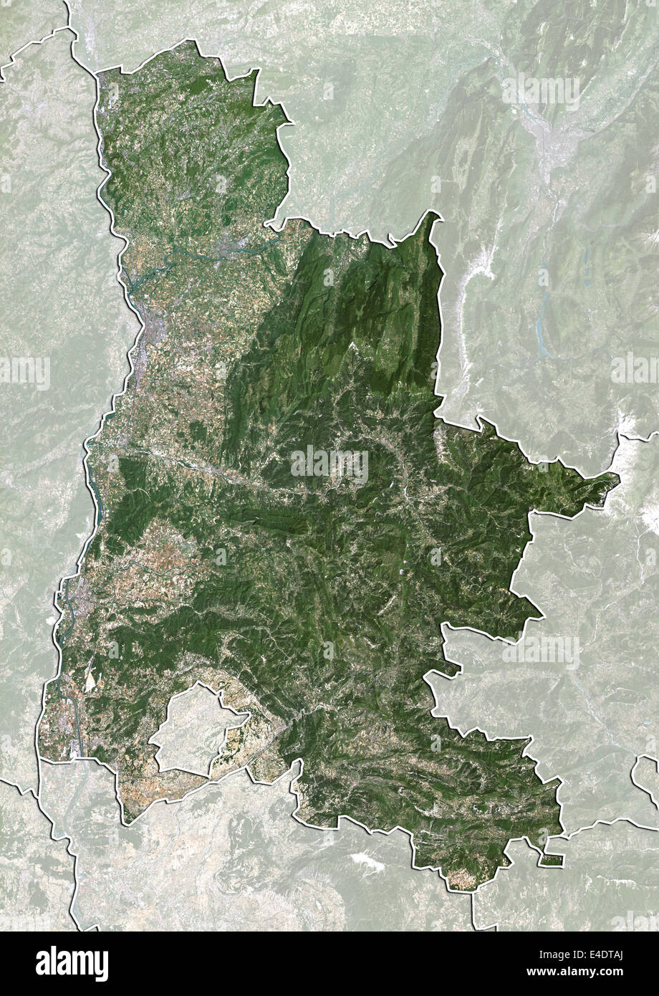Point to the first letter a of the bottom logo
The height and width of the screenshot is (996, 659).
(42, 964)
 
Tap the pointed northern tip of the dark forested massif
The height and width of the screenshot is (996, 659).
(432, 215)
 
